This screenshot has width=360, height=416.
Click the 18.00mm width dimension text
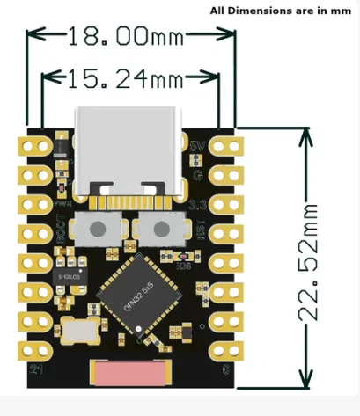coord(133,37)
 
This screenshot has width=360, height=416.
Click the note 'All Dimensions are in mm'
coord(280,11)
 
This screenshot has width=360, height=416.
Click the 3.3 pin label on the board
coord(199,204)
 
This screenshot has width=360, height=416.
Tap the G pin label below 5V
coord(199,173)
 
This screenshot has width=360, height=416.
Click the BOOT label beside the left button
coord(61,230)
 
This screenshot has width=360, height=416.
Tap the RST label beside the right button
coord(200,231)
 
